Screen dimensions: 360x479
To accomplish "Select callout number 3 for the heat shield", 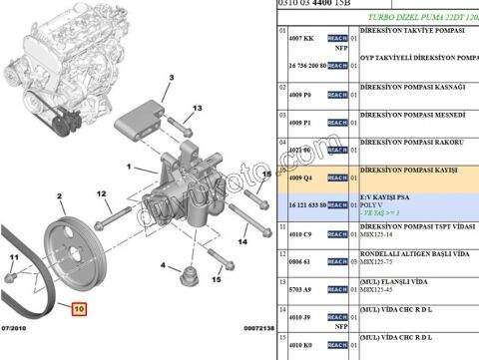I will tap(172, 77).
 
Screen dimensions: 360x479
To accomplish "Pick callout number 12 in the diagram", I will tap(101, 193).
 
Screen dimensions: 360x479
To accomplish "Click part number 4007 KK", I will tap(300, 38).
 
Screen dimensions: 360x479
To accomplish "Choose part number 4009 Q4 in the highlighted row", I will tap(300, 179).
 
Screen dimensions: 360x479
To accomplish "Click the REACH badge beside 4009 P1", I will tap(336, 124).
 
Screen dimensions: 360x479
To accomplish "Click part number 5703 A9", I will tap(300, 289).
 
